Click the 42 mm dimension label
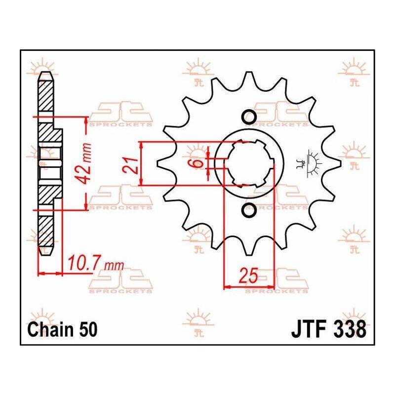[x=84, y=164]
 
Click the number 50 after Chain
[x=88, y=329]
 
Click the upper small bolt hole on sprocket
[x=249, y=117]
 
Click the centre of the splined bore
[x=249, y=163]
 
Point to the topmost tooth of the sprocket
[x=249, y=77]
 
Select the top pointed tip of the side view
[x=45, y=72]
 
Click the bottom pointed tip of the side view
[x=45, y=255]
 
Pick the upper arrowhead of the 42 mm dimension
[x=86, y=120]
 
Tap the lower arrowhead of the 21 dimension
[x=142, y=183]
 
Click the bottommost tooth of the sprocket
[x=249, y=251]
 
